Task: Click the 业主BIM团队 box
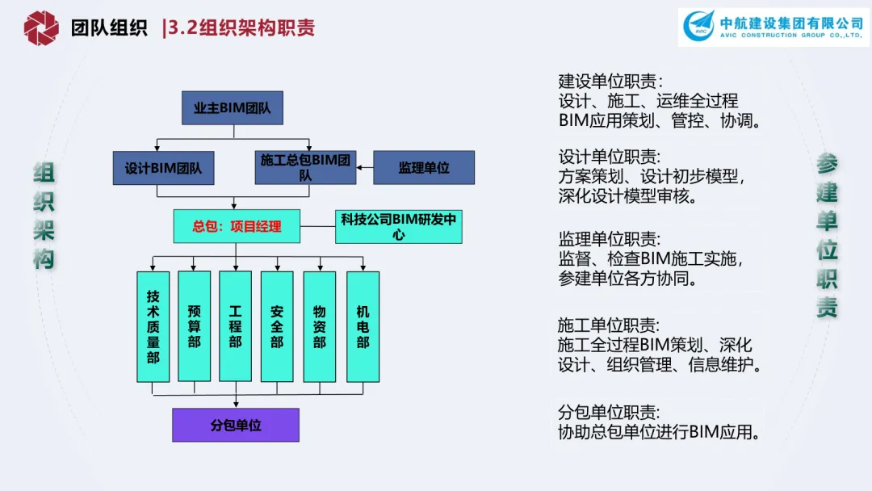pos(232,107)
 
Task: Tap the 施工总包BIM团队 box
pos(305,167)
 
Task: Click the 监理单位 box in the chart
pos(423,168)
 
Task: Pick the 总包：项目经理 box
pos(237,226)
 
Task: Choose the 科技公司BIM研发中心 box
pos(398,226)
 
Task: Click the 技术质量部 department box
pos(153,326)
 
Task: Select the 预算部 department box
pos(194,326)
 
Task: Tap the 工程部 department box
pos(236,326)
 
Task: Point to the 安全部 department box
pos(277,326)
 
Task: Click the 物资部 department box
pos(320,326)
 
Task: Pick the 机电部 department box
pos(363,326)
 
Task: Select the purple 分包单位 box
pos(236,425)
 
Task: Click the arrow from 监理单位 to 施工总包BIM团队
pos(365,168)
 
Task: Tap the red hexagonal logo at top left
pos(41,28)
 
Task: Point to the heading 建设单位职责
pos(610,82)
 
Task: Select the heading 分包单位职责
pos(610,411)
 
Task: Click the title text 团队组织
pos(109,28)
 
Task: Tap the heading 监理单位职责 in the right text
pos(610,239)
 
